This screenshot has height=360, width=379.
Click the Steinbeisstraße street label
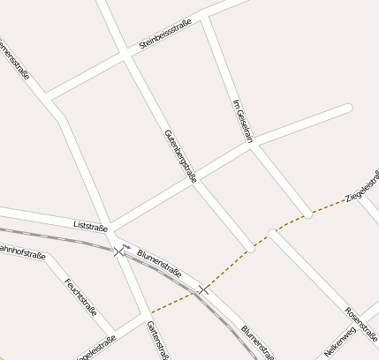pos(165,36)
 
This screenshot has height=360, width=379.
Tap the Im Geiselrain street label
pos(242,121)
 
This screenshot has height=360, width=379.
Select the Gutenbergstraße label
pos(180,155)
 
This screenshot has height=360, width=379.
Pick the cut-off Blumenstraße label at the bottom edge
pos(257,343)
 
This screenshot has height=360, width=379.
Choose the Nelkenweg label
pos(340,341)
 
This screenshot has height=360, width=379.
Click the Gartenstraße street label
pos(158,340)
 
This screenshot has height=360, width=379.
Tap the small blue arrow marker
pos(126,246)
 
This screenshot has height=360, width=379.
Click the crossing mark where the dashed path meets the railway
pos(204,289)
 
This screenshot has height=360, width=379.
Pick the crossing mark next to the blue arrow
pos(119,251)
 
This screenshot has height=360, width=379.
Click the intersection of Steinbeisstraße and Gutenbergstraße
pos(127,55)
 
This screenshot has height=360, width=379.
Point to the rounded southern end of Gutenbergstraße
pos(251,248)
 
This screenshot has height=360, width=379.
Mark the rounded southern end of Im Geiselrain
pos(307,214)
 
